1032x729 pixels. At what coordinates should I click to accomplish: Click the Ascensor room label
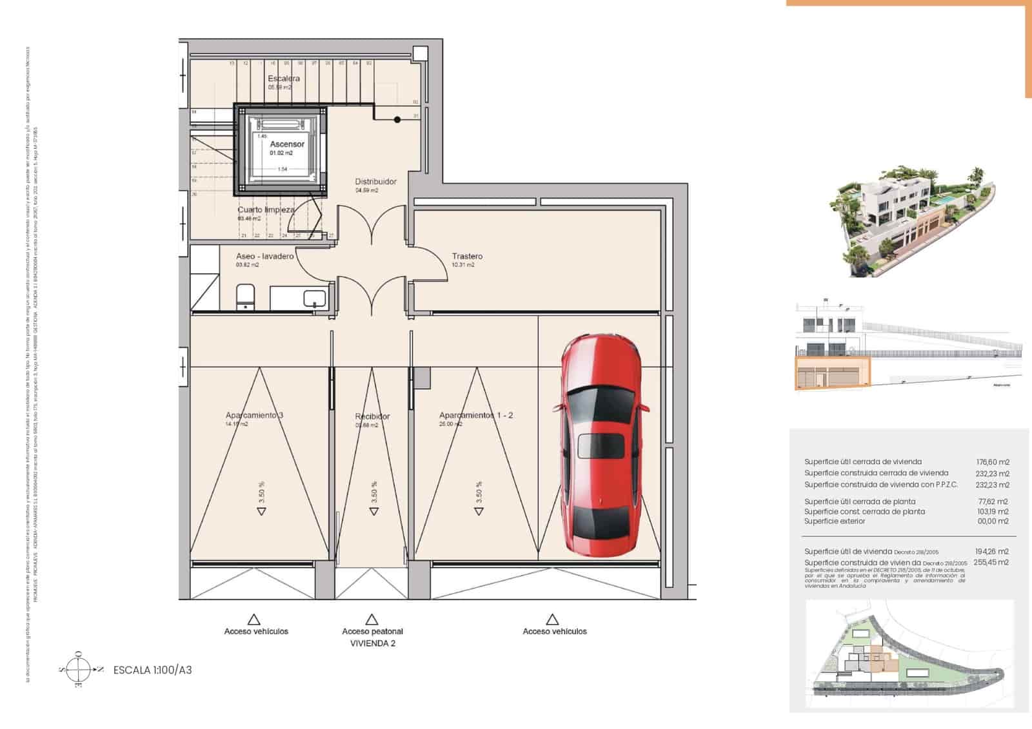[x=287, y=144]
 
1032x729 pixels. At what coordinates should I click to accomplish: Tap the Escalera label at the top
[x=284, y=79]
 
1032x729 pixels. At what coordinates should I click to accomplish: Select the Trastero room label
[x=467, y=257]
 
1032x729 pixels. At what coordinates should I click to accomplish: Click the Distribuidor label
[x=375, y=182]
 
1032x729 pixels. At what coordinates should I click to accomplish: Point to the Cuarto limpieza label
[x=266, y=210]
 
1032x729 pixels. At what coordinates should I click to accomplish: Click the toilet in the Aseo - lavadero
[x=245, y=297]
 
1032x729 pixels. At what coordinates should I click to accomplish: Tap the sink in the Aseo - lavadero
[x=314, y=298]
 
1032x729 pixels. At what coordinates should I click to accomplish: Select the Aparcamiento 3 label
[x=254, y=416]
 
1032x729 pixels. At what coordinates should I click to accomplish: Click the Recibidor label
[x=372, y=416]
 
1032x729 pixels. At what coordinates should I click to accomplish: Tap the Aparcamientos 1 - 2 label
[x=476, y=416]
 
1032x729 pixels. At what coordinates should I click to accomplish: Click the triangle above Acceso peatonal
[x=372, y=620]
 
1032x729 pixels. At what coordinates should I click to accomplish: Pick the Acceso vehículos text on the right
[x=555, y=632]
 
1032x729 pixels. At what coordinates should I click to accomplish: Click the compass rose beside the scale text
[x=79, y=670]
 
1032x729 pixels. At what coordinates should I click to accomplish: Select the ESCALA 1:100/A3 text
[x=152, y=670]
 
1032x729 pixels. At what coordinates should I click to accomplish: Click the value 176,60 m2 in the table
[x=993, y=462]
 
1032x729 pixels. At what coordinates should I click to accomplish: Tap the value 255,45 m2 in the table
[x=993, y=562]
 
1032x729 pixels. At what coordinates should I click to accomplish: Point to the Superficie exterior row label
[x=835, y=521]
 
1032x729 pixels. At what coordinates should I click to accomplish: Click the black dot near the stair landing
[x=397, y=120]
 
